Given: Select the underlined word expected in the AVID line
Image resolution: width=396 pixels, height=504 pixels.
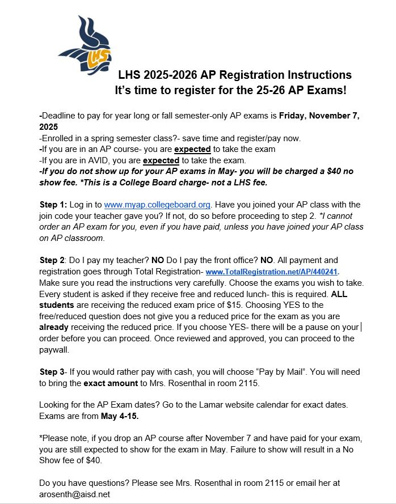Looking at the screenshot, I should point(161,160).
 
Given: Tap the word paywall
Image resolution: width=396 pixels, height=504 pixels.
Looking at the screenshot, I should point(54,349).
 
